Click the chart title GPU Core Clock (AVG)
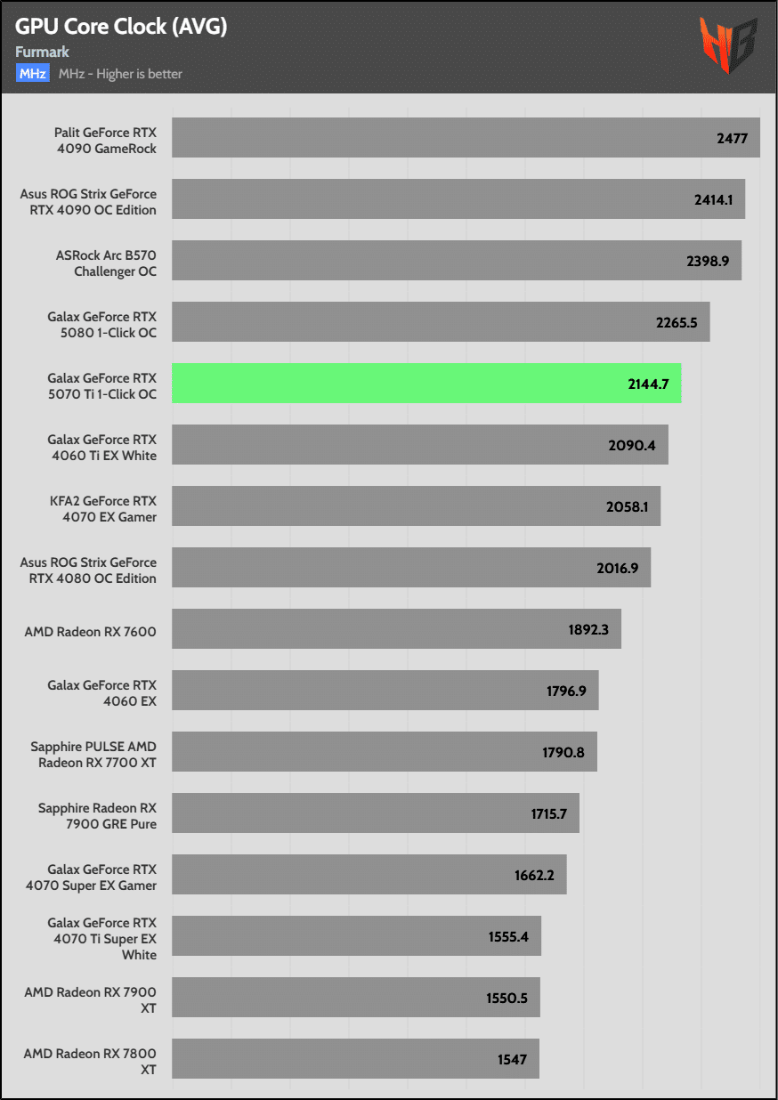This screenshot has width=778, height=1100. click(121, 27)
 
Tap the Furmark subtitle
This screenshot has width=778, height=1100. click(42, 53)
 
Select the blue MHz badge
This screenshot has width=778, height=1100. click(32, 74)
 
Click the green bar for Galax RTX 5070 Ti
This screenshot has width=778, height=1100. click(425, 384)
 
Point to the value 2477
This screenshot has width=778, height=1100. click(732, 138)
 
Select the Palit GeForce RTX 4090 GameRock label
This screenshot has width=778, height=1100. click(104, 141)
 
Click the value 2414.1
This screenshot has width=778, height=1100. click(714, 199)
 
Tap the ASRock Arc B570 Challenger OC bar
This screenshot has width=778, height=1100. click(456, 261)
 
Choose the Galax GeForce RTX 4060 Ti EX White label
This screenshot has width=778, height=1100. click(101, 448)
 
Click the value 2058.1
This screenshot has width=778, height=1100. click(628, 506)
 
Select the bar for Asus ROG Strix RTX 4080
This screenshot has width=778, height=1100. click(410, 568)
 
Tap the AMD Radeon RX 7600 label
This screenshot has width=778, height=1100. click(91, 632)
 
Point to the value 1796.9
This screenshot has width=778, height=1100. click(566, 691)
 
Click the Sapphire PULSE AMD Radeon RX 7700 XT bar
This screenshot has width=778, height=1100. click(384, 752)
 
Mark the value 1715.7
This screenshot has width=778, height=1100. click(547, 813)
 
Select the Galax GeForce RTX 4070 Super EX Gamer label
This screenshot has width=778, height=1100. click(101, 878)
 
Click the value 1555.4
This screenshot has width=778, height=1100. click(508, 936)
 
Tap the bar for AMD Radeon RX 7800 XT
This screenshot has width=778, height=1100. click(354, 1059)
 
